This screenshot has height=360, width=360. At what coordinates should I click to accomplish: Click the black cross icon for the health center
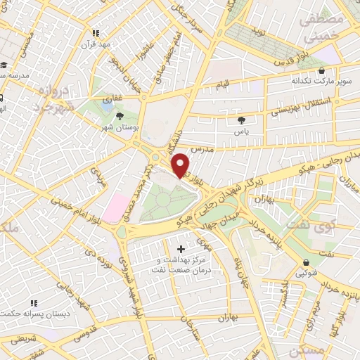click(x=181, y=249)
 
